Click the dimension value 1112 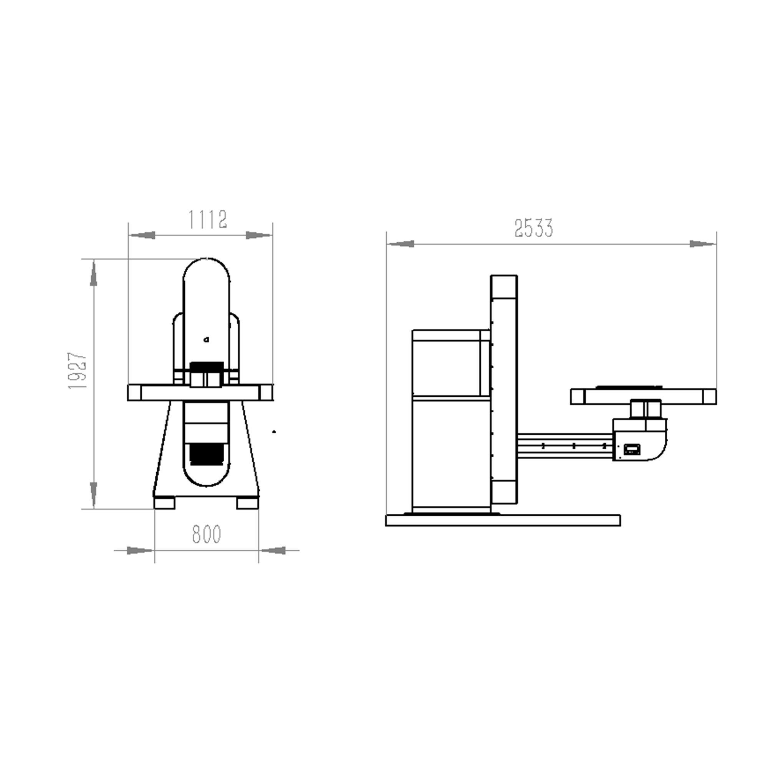tap(207, 219)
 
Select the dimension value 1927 tap(77, 371)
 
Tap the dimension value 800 tap(206, 534)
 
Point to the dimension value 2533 tap(533, 228)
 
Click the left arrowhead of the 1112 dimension tap(142, 235)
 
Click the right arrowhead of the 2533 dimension tap(703, 244)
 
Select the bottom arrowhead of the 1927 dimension tap(94, 495)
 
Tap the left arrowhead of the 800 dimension tap(140, 551)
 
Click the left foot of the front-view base tap(165, 503)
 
